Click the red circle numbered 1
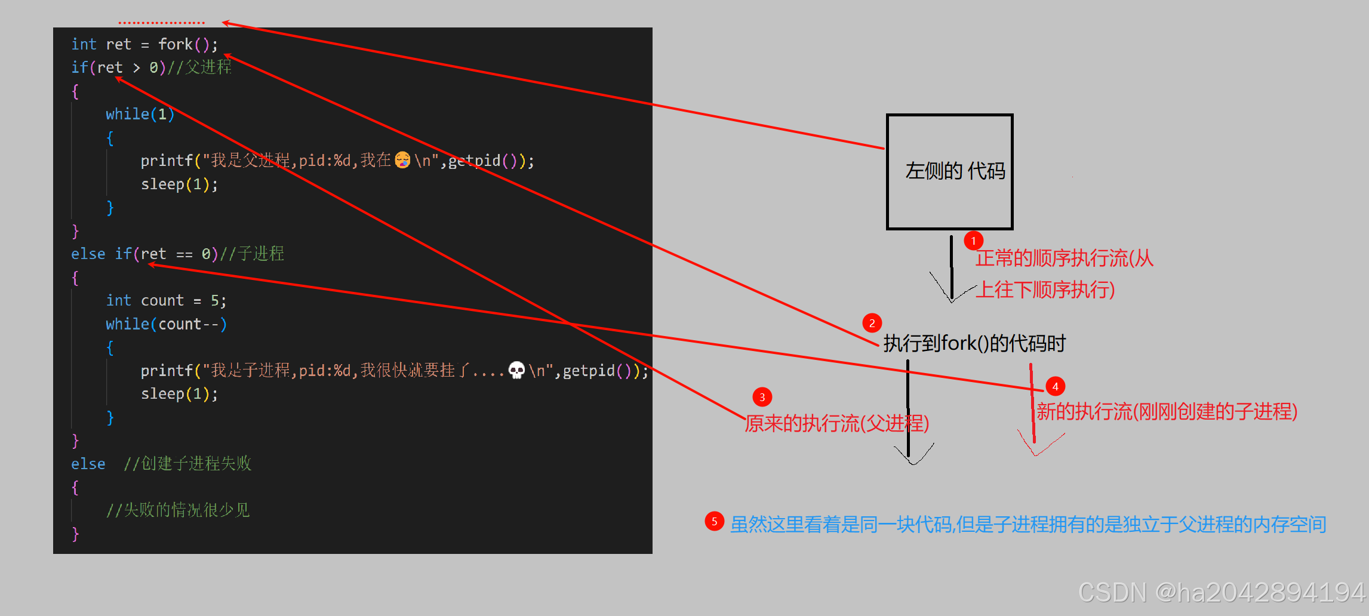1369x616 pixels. pos(973,241)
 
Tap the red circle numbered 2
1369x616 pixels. pos(872,323)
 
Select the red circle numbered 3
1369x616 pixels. pos(762,397)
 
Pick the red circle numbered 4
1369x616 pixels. pos(1055,386)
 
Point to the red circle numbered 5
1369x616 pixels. pos(714,521)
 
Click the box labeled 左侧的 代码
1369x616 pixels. pos(949,171)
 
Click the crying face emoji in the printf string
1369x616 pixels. pos(403,160)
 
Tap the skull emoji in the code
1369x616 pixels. pos(516,370)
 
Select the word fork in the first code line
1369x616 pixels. pos(176,44)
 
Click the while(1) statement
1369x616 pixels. pos(140,114)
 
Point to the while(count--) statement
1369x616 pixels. pos(166,324)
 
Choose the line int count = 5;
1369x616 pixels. pos(166,300)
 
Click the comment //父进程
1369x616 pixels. pos(199,67)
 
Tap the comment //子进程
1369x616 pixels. pos(252,254)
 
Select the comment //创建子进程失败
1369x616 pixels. pos(187,463)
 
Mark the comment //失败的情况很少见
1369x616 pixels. pos(178,510)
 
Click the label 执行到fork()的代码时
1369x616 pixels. pos(974,343)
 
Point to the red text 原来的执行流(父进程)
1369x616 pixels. pos(836,423)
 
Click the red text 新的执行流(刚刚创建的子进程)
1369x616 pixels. pos(1167,411)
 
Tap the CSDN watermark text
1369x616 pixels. pos(1222,592)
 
